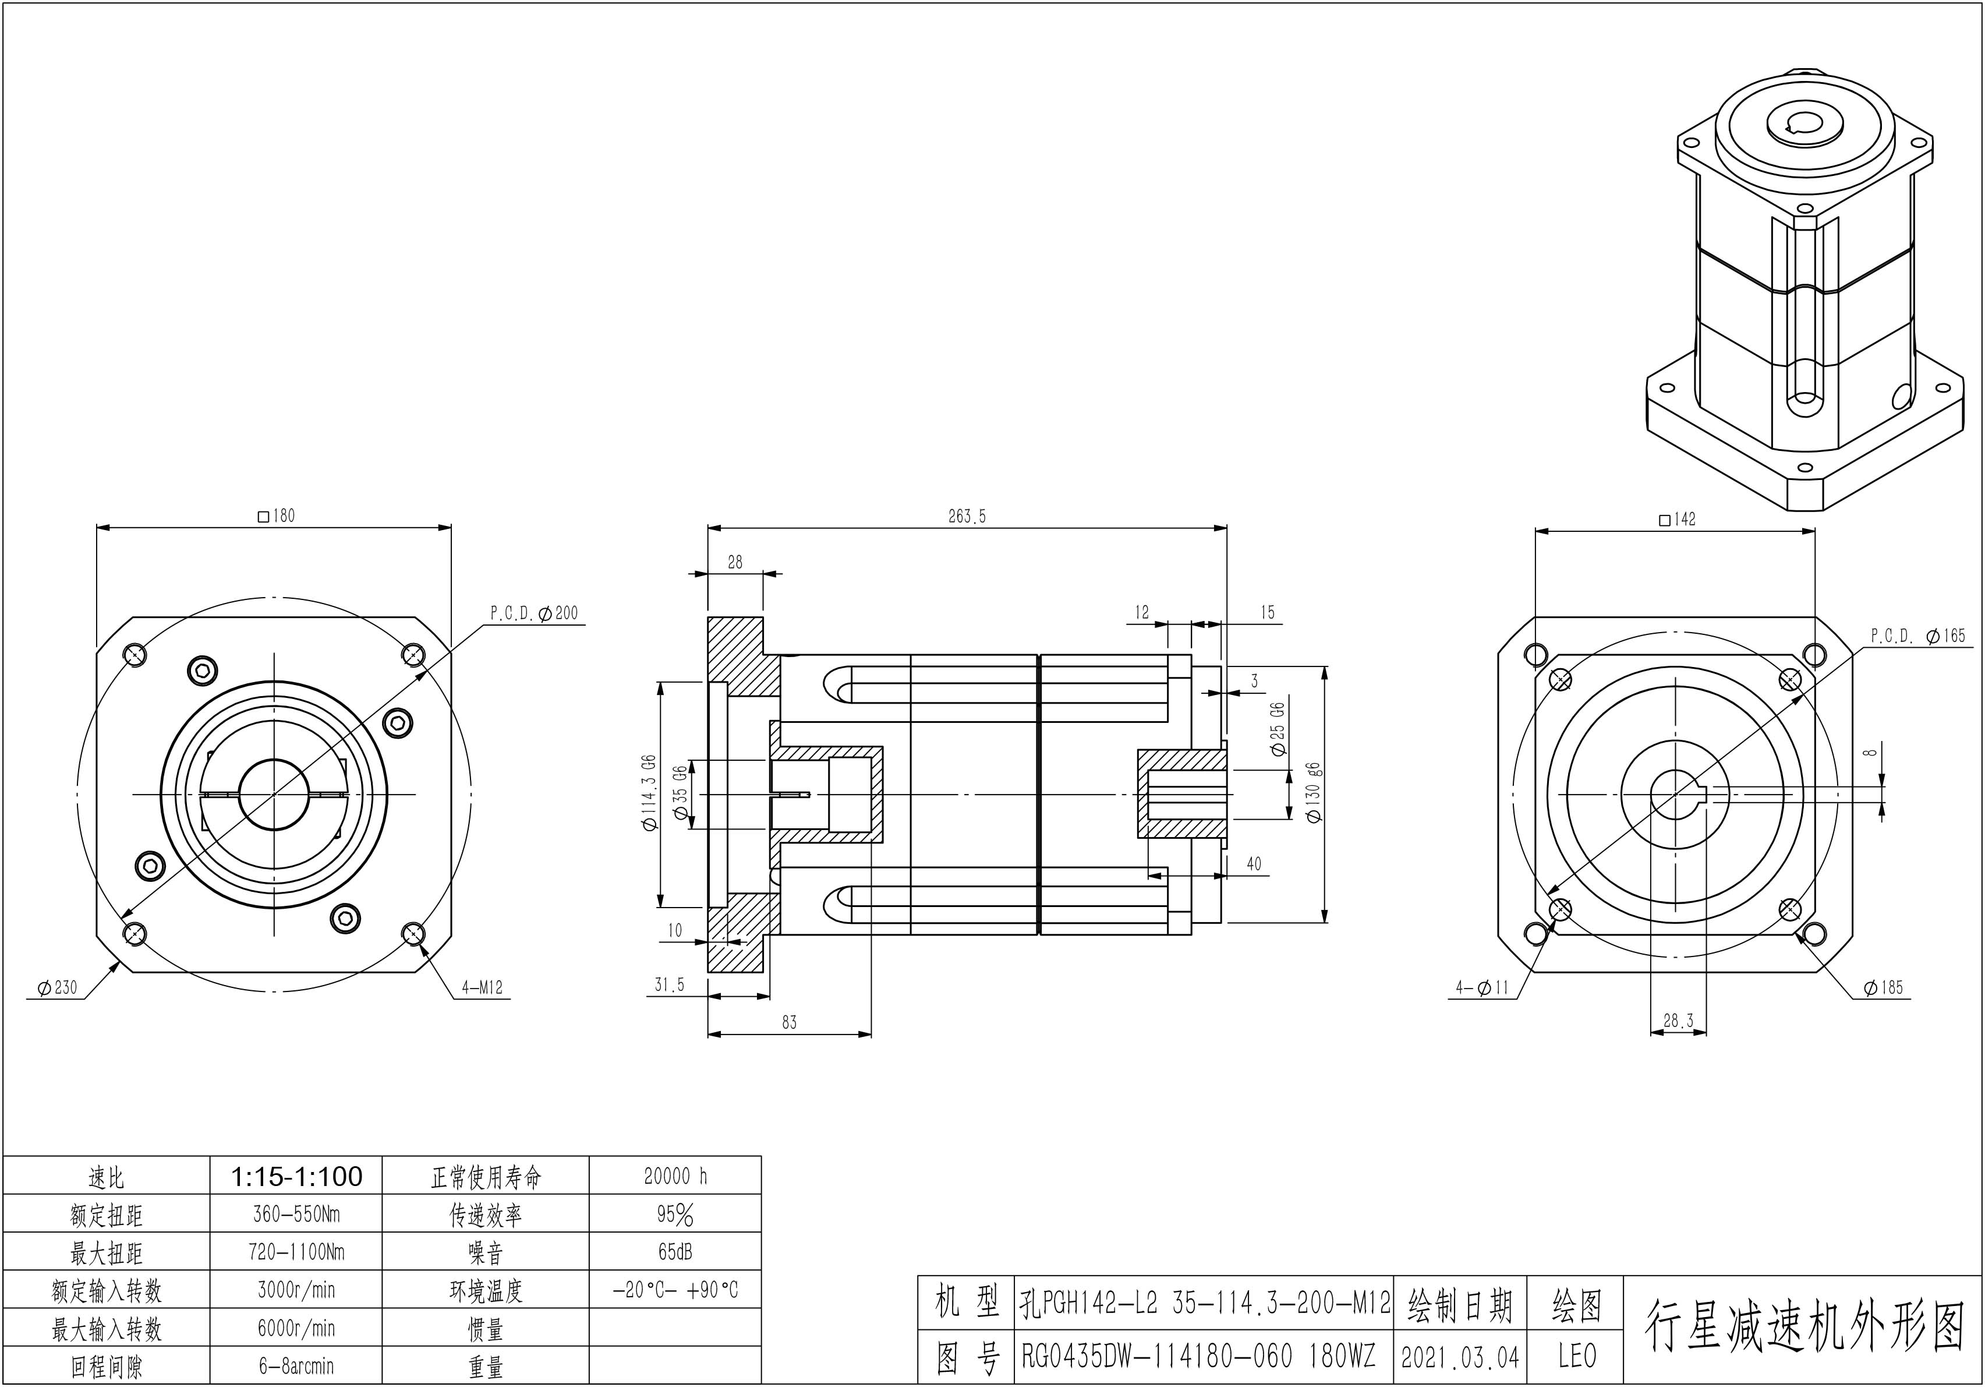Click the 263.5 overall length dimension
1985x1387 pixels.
(967, 516)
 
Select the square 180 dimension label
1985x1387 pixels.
(277, 516)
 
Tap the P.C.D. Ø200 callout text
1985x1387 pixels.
(535, 613)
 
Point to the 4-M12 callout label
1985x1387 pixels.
(482, 987)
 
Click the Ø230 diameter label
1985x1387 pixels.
(57, 987)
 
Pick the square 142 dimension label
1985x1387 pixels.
(1677, 520)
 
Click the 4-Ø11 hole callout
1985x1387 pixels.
(1482, 987)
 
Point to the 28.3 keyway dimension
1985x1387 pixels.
(1678, 1021)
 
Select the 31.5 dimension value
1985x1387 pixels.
(669, 985)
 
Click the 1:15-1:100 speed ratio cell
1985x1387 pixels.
(296, 1176)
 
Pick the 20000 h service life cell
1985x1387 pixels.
(675, 1176)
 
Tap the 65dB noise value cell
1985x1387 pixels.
(675, 1252)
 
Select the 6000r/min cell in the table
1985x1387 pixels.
(296, 1328)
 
